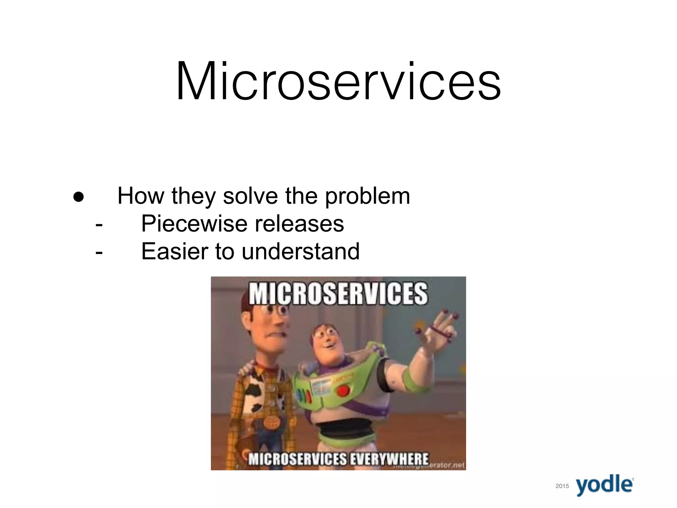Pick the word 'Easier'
pyautogui.click(x=174, y=251)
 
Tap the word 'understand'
pyautogui.click(x=300, y=251)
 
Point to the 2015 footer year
pyautogui.click(x=562, y=486)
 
